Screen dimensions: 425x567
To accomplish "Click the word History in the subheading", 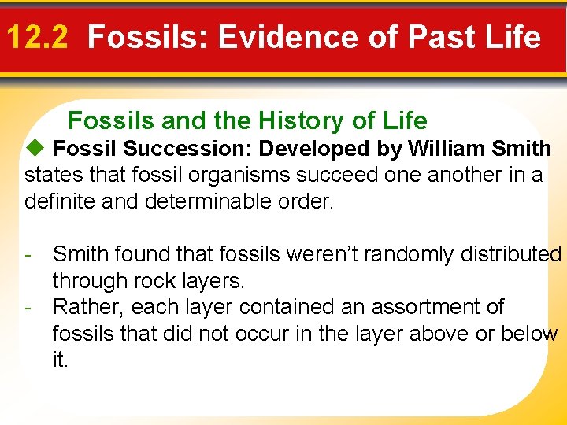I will point(300,120).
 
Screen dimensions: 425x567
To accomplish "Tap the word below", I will point(528,334).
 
